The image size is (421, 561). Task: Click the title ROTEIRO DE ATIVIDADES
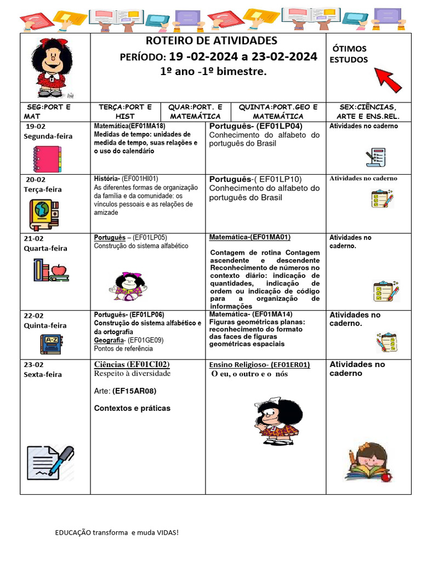coord(211,41)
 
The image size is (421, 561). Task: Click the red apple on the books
coord(59,270)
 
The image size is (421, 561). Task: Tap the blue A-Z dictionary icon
coord(52,344)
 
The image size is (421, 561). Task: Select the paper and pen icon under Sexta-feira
coord(50,462)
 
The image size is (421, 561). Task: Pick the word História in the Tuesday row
coord(106,179)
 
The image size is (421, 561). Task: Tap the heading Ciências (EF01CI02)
coord(132,364)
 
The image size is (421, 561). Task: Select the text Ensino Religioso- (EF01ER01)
coord(259,365)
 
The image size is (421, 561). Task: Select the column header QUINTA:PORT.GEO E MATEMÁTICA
coord(278,112)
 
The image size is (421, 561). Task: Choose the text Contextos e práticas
coord(132,408)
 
